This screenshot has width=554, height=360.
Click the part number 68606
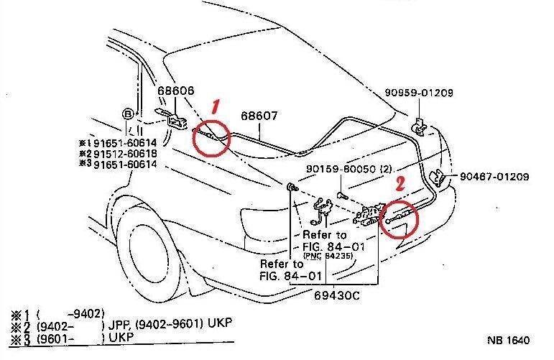coord(176,91)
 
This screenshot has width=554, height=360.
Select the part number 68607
coord(259,116)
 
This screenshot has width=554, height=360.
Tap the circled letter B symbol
coord(127,113)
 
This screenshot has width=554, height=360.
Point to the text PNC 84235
coord(343,257)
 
